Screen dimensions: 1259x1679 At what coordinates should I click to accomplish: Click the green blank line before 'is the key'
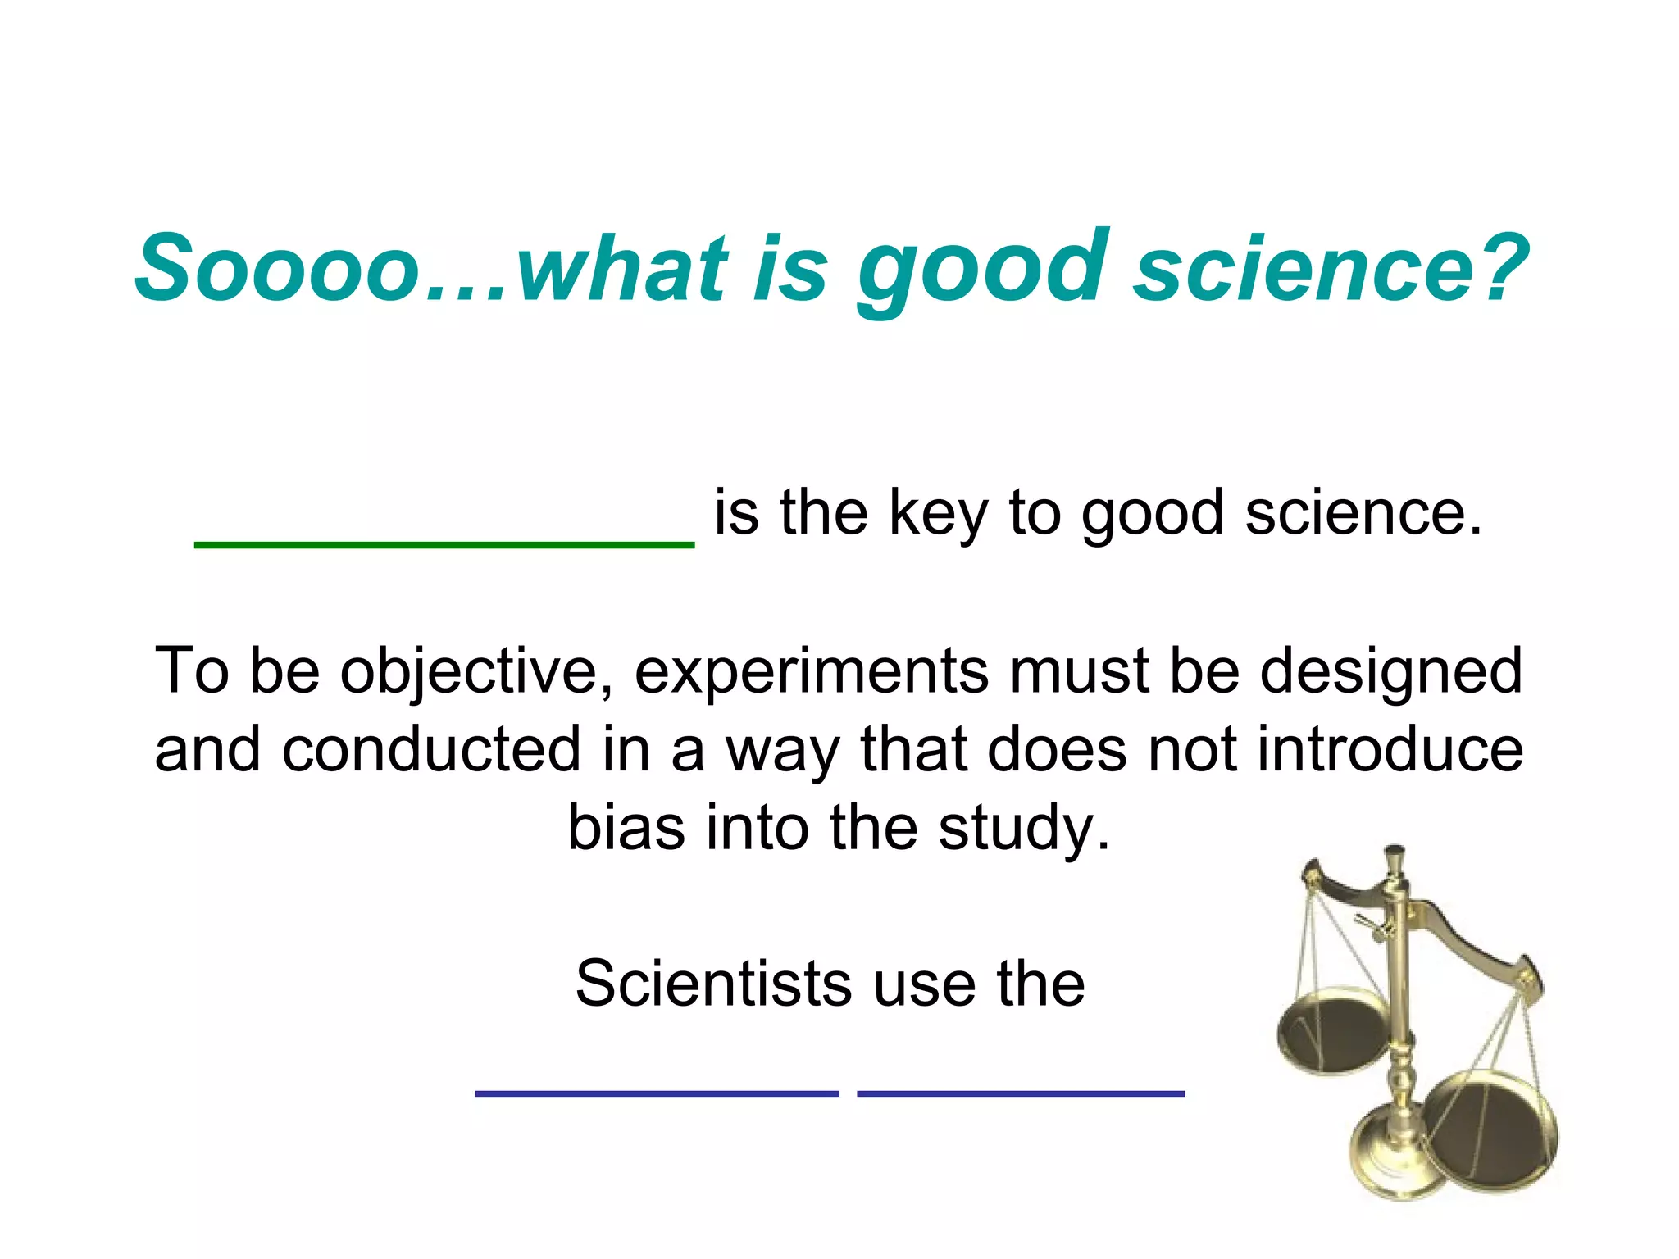coord(444,543)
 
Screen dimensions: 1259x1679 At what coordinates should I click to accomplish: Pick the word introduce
coord(1390,750)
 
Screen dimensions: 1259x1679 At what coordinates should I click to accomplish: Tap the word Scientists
coord(713,984)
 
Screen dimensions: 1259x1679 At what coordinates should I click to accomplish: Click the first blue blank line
coord(657,1093)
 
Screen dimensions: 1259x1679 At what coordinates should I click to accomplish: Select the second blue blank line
coord(1021,1093)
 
